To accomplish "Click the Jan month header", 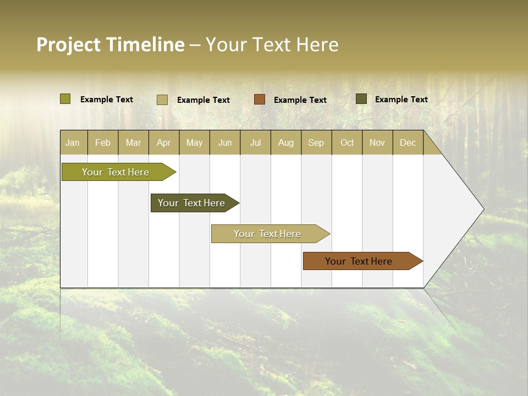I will click(x=73, y=143).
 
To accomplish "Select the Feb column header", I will click(x=103, y=143).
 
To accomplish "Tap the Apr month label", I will click(x=163, y=143).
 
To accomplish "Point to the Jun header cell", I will click(x=225, y=143).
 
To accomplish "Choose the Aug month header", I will click(x=285, y=143).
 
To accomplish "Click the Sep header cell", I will click(x=316, y=143).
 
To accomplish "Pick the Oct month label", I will click(x=347, y=143).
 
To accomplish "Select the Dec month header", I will click(x=408, y=143).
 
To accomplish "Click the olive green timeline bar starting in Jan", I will click(x=116, y=172).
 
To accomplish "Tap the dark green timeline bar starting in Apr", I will click(x=191, y=203).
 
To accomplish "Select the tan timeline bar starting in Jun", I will click(x=267, y=234).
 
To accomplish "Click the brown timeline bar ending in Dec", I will click(x=359, y=261).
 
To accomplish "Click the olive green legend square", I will click(x=65, y=99).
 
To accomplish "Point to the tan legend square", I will click(x=162, y=100).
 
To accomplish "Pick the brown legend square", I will click(x=260, y=99).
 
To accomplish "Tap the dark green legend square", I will click(x=361, y=99).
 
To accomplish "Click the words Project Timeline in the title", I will click(x=110, y=45).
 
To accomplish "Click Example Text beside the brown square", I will click(x=300, y=100).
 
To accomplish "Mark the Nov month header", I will click(x=377, y=143).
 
